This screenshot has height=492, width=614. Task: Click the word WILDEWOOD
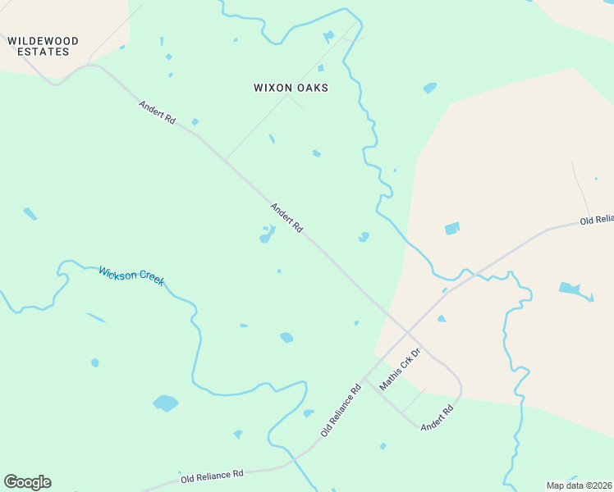tap(44, 41)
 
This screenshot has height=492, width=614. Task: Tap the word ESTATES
tap(44, 52)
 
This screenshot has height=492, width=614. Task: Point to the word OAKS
tap(313, 88)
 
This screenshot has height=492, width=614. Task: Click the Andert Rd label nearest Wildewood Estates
tap(157, 112)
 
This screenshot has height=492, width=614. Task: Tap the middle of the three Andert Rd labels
tap(287, 217)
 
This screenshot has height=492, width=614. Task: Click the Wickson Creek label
tap(131, 276)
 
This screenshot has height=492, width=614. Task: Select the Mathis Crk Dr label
tap(400, 368)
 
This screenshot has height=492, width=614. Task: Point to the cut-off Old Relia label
tap(596, 220)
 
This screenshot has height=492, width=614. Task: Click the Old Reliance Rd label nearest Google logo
tap(213, 474)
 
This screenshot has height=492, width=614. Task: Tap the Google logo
tap(27, 482)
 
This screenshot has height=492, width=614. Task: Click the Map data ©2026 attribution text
tap(579, 485)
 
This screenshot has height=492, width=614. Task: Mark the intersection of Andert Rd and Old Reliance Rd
tap(407, 331)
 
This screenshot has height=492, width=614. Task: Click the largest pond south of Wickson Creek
tap(165, 403)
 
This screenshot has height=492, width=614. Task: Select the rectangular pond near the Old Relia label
tap(452, 229)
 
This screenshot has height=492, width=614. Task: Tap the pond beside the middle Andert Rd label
tap(266, 237)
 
